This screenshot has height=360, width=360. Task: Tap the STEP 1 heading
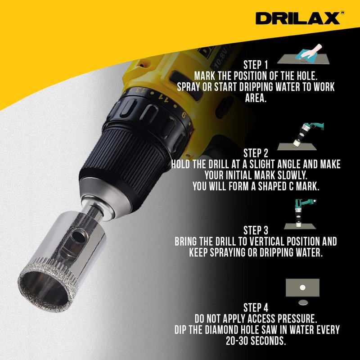click(256, 65)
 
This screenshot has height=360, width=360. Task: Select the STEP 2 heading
click(256, 153)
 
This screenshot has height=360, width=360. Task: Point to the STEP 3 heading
click(256, 230)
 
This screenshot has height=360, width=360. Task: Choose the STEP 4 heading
click(256, 308)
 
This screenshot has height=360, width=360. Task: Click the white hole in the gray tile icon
click(302, 288)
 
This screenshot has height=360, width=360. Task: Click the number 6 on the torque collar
click(184, 115)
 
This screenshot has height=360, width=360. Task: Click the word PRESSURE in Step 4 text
click(297, 319)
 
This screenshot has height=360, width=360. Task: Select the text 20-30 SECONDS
click(256, 341)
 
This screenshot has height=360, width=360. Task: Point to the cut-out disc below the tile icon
click(303, 302)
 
